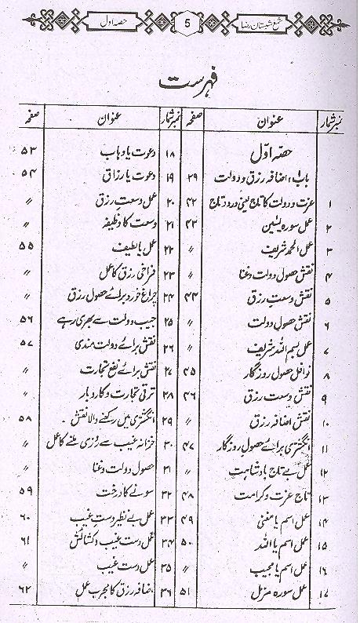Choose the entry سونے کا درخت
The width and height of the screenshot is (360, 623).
113,492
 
